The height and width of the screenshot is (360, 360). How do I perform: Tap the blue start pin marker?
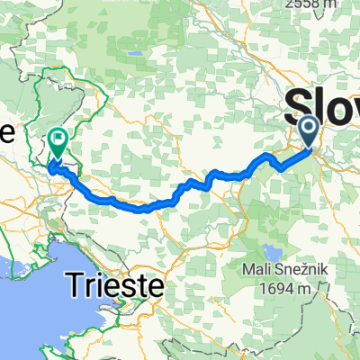(309, 131)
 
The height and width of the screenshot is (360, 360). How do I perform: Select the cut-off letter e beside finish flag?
(6, 132)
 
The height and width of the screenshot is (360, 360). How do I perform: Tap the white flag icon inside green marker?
(58, 140)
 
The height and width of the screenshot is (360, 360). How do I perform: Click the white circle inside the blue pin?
(309, 128)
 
